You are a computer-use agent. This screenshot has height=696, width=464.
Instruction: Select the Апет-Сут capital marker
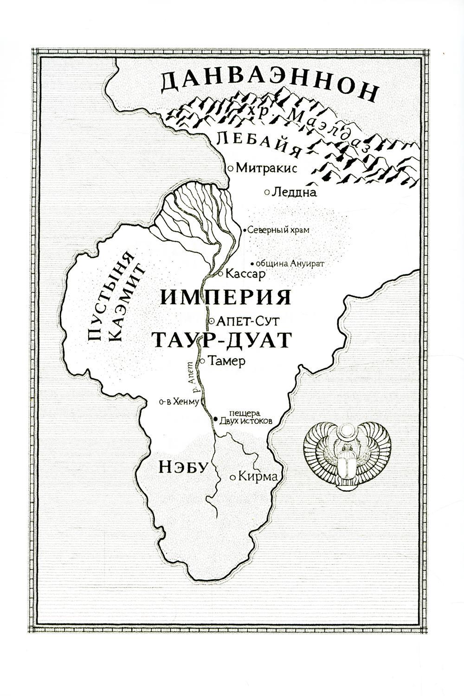(x=212, y=320)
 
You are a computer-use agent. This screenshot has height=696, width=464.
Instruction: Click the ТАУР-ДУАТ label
(x=221, y=340)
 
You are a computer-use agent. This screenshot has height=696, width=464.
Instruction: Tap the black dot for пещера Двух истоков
(x=215, y=419)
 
